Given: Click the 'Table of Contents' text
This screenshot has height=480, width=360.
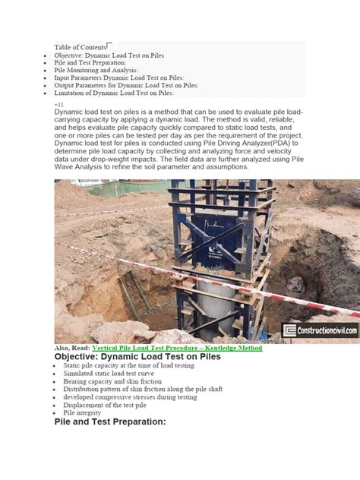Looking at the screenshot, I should coord(80,47).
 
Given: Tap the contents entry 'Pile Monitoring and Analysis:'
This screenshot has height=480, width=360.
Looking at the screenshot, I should coord(102,70).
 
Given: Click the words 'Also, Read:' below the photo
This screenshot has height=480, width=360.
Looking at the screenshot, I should coord(72,348).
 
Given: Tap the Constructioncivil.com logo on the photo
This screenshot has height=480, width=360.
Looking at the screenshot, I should coord(321,330).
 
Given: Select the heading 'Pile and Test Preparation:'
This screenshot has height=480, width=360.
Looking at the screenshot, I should coord(110,421).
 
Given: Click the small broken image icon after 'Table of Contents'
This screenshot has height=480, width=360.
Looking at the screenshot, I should coord(111,46).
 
